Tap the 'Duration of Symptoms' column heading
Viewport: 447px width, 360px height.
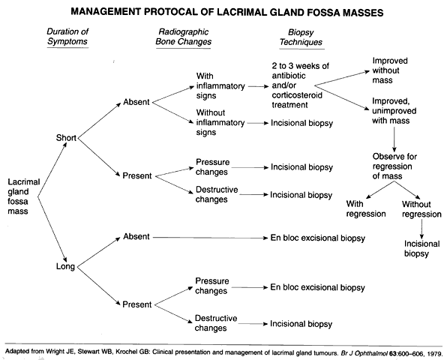click(67, 37)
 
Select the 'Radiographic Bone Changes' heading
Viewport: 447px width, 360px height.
click(183, 37)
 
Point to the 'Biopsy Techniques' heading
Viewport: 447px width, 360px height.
click(301, 37)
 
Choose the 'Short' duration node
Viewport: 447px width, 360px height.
click(66, 138)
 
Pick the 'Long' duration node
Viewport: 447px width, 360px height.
click(65, 266)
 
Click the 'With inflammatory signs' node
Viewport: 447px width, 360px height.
click(220, 85)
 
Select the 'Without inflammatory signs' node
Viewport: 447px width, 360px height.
click(220, 122)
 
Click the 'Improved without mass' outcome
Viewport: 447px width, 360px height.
click(390, 70)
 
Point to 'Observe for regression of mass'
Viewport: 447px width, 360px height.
click(394, 166)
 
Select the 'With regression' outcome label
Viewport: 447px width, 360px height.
click(366, 209)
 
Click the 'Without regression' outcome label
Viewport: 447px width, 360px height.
click(421, 209)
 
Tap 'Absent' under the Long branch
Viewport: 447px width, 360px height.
click(136, 236)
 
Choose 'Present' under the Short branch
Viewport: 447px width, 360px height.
click(137, 175)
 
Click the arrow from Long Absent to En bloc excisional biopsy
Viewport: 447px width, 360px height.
click(211, 238)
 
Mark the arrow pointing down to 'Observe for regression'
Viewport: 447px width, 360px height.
click(394, 139)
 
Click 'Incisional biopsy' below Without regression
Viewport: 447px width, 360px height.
click(422, 249)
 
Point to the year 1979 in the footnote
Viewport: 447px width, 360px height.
click(434, 353)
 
